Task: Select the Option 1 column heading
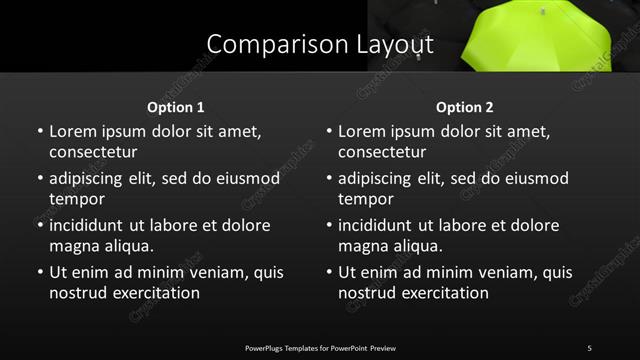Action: point(176,107)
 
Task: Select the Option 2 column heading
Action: point(465,107)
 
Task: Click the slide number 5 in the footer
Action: point(589,347)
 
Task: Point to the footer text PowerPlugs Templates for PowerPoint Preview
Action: point(320,347)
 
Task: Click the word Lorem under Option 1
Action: point(73,131)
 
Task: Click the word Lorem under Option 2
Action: point(362,131)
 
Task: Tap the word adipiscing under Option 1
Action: point(91,179)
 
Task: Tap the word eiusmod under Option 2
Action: point(533,179)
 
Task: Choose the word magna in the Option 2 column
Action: point(363,246)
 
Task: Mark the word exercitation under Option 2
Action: point(443,293)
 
